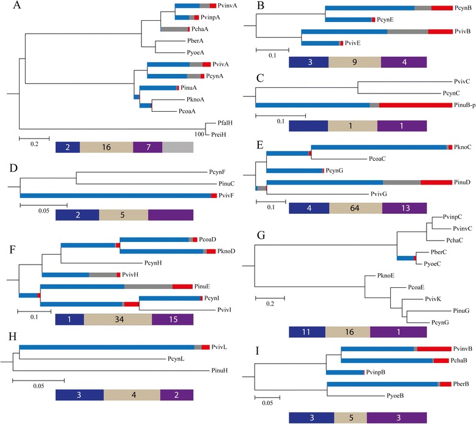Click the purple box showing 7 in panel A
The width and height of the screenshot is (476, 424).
147,147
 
